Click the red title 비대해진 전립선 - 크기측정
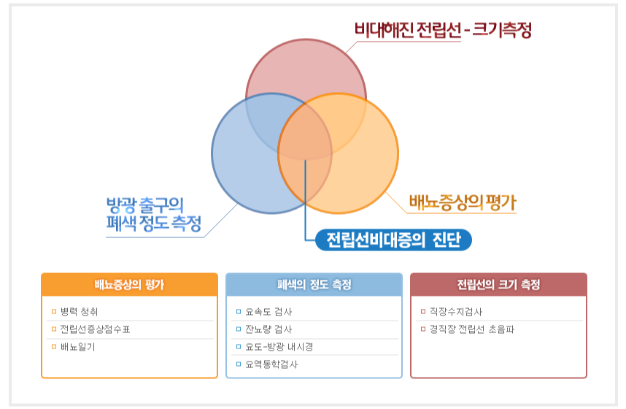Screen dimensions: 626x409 pyautogui.click(x=443, y=30)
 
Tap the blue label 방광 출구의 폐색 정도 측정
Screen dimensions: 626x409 pyautogui.click(x=154, y=215)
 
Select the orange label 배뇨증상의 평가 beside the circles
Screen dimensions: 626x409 pyautogui.click(x=463, y=202)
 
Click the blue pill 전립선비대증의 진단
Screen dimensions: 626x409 pyautogui.click(x=394, y=240)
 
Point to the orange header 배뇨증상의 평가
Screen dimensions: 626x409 pyautogui.click(x=129, y=285)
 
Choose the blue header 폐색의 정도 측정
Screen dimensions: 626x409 pyautogui.click(x=314, y=285)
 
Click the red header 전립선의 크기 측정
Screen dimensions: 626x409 pyautogui.click(x=498, y=285)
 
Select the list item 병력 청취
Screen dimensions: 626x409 pyautogui.click(x=79, y=311)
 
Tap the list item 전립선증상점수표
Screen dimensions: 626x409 pyautogui.click(x=95, y=329)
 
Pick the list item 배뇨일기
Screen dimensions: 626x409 pyautogui.click(x=78, y=347)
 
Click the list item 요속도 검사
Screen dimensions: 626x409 pyautogui.click(x=268, y=311)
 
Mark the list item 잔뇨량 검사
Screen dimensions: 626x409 pyautogui.click(x=268, y=329)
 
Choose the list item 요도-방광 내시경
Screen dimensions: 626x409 pyautogui.click(x=279, y=347)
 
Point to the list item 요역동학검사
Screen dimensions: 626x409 pyautogui.click(x=271, y=364)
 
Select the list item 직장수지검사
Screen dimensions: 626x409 pyautogui.click(x=456, y=311)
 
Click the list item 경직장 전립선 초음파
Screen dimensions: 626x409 pyautogui.click(x=472, y=329)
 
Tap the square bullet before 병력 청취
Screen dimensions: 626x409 pyautogui.click(x=54, y=311)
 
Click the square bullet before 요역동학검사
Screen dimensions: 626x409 pyautogui.click(x=239, y=364)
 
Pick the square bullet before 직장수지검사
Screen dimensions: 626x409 pyautogui.click(x=423, y=311)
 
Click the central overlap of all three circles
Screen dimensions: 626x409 pyautogui.click(x=306, y=132)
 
